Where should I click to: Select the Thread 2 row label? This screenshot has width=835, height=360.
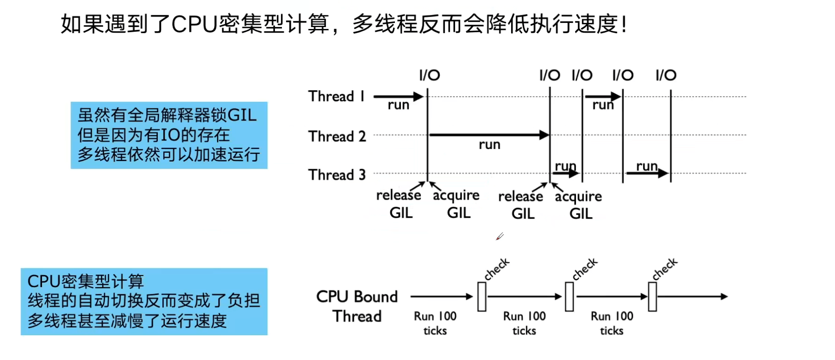point(337,136)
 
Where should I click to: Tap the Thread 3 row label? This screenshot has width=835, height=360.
point(337,175)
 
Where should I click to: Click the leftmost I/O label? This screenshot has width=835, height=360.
point(429,75)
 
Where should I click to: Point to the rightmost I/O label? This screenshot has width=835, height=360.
point(666,75)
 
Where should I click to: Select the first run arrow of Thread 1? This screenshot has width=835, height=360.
point(398,97)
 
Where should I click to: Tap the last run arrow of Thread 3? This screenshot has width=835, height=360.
point(647,173)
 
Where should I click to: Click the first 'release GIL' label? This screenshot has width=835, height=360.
point(399,204)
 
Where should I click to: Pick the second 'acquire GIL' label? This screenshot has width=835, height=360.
point(579,205)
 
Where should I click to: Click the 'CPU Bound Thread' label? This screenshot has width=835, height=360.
point(357,306)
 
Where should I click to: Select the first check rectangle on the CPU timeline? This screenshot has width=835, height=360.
point(482,296)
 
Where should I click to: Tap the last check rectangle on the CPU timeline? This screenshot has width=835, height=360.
point(653,296)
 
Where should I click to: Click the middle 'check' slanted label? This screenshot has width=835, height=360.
point(585,269)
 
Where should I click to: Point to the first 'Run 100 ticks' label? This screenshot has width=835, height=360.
point(435,323)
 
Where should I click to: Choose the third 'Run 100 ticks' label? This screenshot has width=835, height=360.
point(612,323)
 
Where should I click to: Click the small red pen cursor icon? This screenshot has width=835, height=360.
point(499,237)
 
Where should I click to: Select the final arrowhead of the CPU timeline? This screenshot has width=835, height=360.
point(724,296)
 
